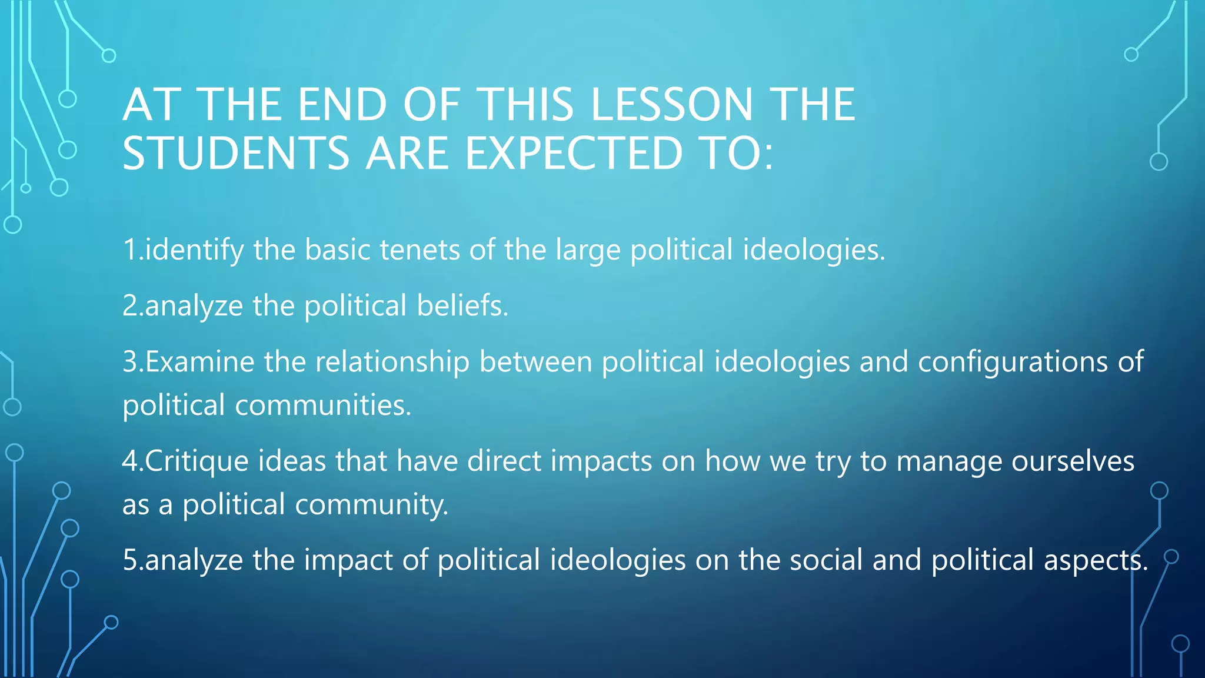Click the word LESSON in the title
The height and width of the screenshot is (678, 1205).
(671, 105)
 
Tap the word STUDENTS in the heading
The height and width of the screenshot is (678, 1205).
(236, 154)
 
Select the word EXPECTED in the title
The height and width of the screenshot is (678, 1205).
(574, 154)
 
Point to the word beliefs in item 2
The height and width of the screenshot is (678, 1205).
(462, 305)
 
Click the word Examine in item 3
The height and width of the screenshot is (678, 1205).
(199, 361)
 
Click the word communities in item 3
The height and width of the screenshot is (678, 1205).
(323, 405)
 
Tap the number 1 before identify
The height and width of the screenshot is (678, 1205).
(130, 250)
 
